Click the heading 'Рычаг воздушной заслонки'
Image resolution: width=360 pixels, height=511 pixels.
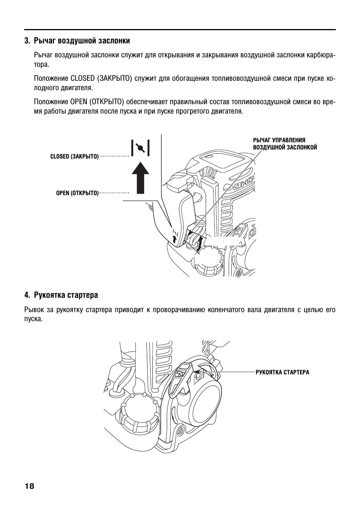(82, 40)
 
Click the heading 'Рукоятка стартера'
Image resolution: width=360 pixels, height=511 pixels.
(66, 295)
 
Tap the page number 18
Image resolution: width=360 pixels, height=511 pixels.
(29, 486)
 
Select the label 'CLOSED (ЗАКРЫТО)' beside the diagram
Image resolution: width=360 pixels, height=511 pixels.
(74, 157)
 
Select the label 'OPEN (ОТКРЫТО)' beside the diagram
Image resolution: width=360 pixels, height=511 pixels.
(77, 193)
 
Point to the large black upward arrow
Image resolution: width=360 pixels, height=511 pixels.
(140, 177)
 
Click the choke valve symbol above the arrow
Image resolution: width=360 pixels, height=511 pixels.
(140, 148)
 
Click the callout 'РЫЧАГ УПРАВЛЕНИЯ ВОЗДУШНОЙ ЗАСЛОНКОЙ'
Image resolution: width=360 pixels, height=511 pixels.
(285, 144)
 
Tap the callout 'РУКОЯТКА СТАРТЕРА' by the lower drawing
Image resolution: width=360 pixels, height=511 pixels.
(282, 372)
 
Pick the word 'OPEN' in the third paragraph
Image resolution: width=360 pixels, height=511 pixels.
(79, 102)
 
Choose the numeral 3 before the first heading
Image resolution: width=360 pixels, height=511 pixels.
(26, 40)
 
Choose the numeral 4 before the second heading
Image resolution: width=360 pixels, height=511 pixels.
(26, 295)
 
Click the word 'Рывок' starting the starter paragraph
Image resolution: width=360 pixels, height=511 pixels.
(33, 310)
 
